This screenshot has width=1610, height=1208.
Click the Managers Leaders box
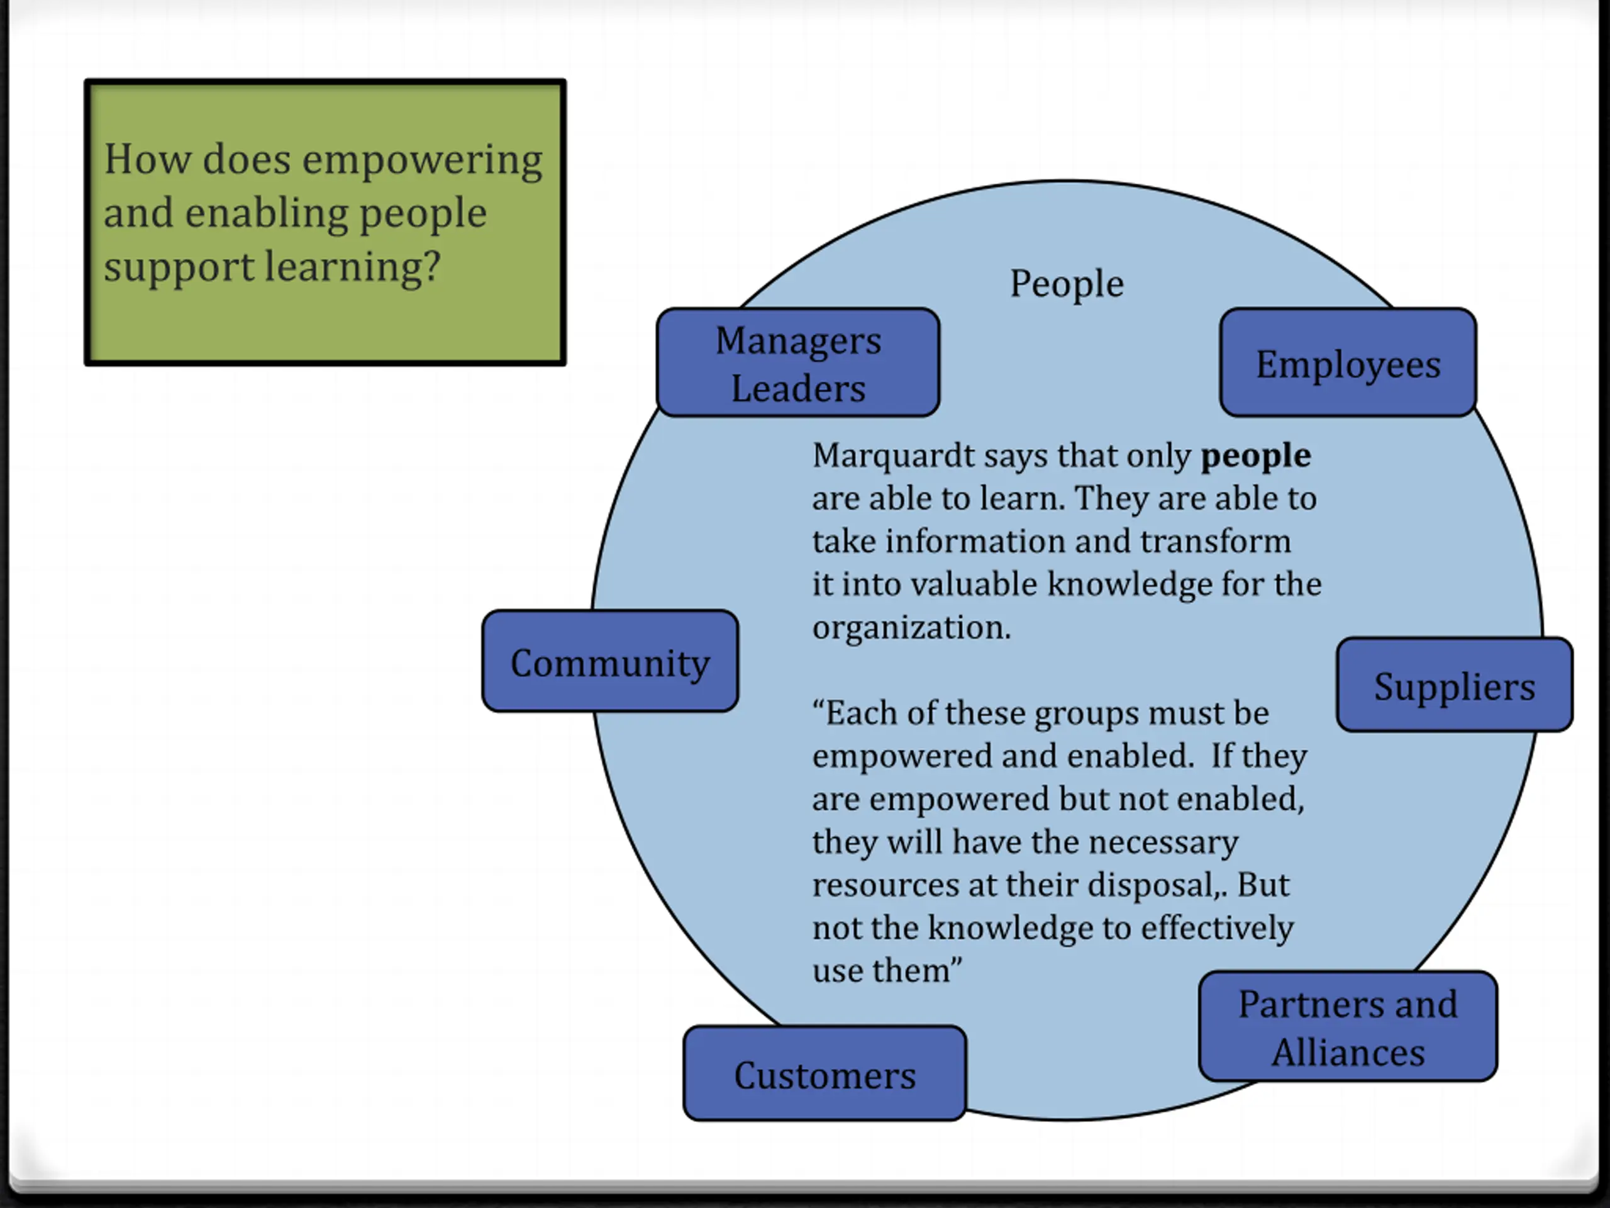(797, 362)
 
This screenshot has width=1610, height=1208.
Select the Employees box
(1348, 362)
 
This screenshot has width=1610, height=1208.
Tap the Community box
(610, 661)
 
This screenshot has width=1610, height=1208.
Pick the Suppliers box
(1454, 685)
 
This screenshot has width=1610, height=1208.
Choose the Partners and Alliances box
(1348, 1026)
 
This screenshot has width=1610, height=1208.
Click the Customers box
(824, 1073)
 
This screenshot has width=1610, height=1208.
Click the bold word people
(1255, 455)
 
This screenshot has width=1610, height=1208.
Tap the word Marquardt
(894, 455)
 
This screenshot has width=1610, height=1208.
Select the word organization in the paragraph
(911, 627)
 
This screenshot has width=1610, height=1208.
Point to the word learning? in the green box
(352, 267)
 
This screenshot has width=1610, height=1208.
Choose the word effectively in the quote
(1217, 927)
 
